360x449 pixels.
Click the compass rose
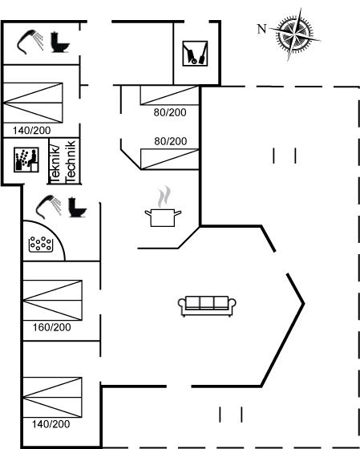[x=295, y=34]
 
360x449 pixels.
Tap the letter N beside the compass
[x=261, y=29]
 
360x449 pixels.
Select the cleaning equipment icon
[x=195, y=54]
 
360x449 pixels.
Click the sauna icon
[x=26, y=160]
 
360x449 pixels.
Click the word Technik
[x=71, y=161]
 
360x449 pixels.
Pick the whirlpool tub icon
[x=41, y=245]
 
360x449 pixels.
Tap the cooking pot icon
[x=163, y=217]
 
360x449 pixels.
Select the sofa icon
[x=207, y=306]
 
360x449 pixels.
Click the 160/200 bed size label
[x=51, y=327]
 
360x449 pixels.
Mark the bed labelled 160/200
[x=52, y=300]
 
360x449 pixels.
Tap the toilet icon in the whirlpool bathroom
[x=77, y=208]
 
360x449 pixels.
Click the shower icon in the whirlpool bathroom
[x=48, y=207]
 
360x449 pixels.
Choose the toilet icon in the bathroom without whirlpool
[x=60, y=42]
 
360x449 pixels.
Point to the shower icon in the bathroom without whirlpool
[x=30, y=42]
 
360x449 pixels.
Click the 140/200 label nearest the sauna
[x=31, y=131]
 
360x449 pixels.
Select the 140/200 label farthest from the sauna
[x=51, y=424]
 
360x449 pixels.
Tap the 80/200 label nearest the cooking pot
[x=171, y=141]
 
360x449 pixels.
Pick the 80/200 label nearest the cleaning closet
[x=170, y=112]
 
